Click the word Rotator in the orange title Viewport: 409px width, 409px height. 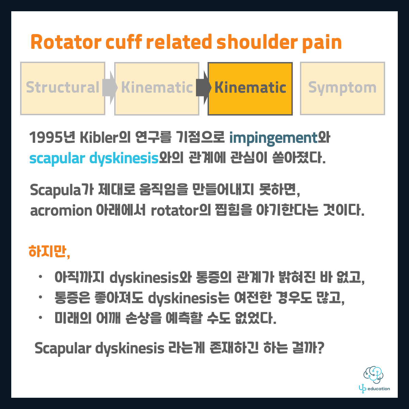66,42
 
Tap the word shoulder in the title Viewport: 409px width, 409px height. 257,42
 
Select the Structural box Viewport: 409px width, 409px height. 63,89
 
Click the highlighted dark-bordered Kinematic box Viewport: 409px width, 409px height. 250,89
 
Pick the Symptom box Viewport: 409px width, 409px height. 342,89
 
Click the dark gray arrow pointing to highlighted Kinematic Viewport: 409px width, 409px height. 204,88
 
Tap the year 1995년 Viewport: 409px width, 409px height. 52,137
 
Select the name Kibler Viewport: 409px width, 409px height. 99,137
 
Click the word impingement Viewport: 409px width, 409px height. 273,138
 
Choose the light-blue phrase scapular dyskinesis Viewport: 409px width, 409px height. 94,159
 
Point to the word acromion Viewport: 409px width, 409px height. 61,211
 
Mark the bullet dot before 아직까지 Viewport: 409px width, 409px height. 40,277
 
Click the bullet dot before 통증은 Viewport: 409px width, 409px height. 40,297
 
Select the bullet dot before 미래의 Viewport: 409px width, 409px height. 40,318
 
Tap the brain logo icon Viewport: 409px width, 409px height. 373,375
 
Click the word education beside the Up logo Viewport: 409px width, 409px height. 379,389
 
